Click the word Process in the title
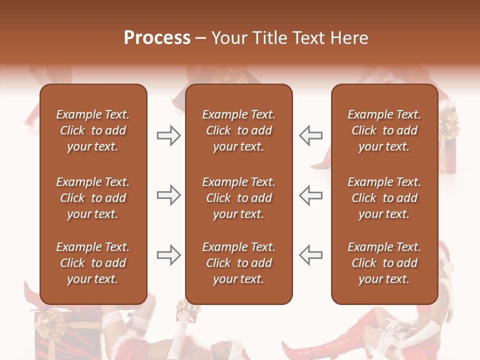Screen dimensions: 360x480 157,38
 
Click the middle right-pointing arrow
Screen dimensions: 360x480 169,195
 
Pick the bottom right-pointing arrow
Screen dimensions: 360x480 169,255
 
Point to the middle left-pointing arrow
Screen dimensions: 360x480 310,195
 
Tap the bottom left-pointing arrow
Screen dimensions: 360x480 310,255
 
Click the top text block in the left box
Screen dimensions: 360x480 93,130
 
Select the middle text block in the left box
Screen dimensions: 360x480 93,198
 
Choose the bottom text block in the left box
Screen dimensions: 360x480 93,263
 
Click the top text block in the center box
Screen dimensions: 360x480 238,130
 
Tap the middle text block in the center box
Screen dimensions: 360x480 238,198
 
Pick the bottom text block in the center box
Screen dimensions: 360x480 238,263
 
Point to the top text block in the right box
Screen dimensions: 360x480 384,130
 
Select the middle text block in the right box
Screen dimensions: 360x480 384,198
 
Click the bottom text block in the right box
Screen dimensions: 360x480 384,263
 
